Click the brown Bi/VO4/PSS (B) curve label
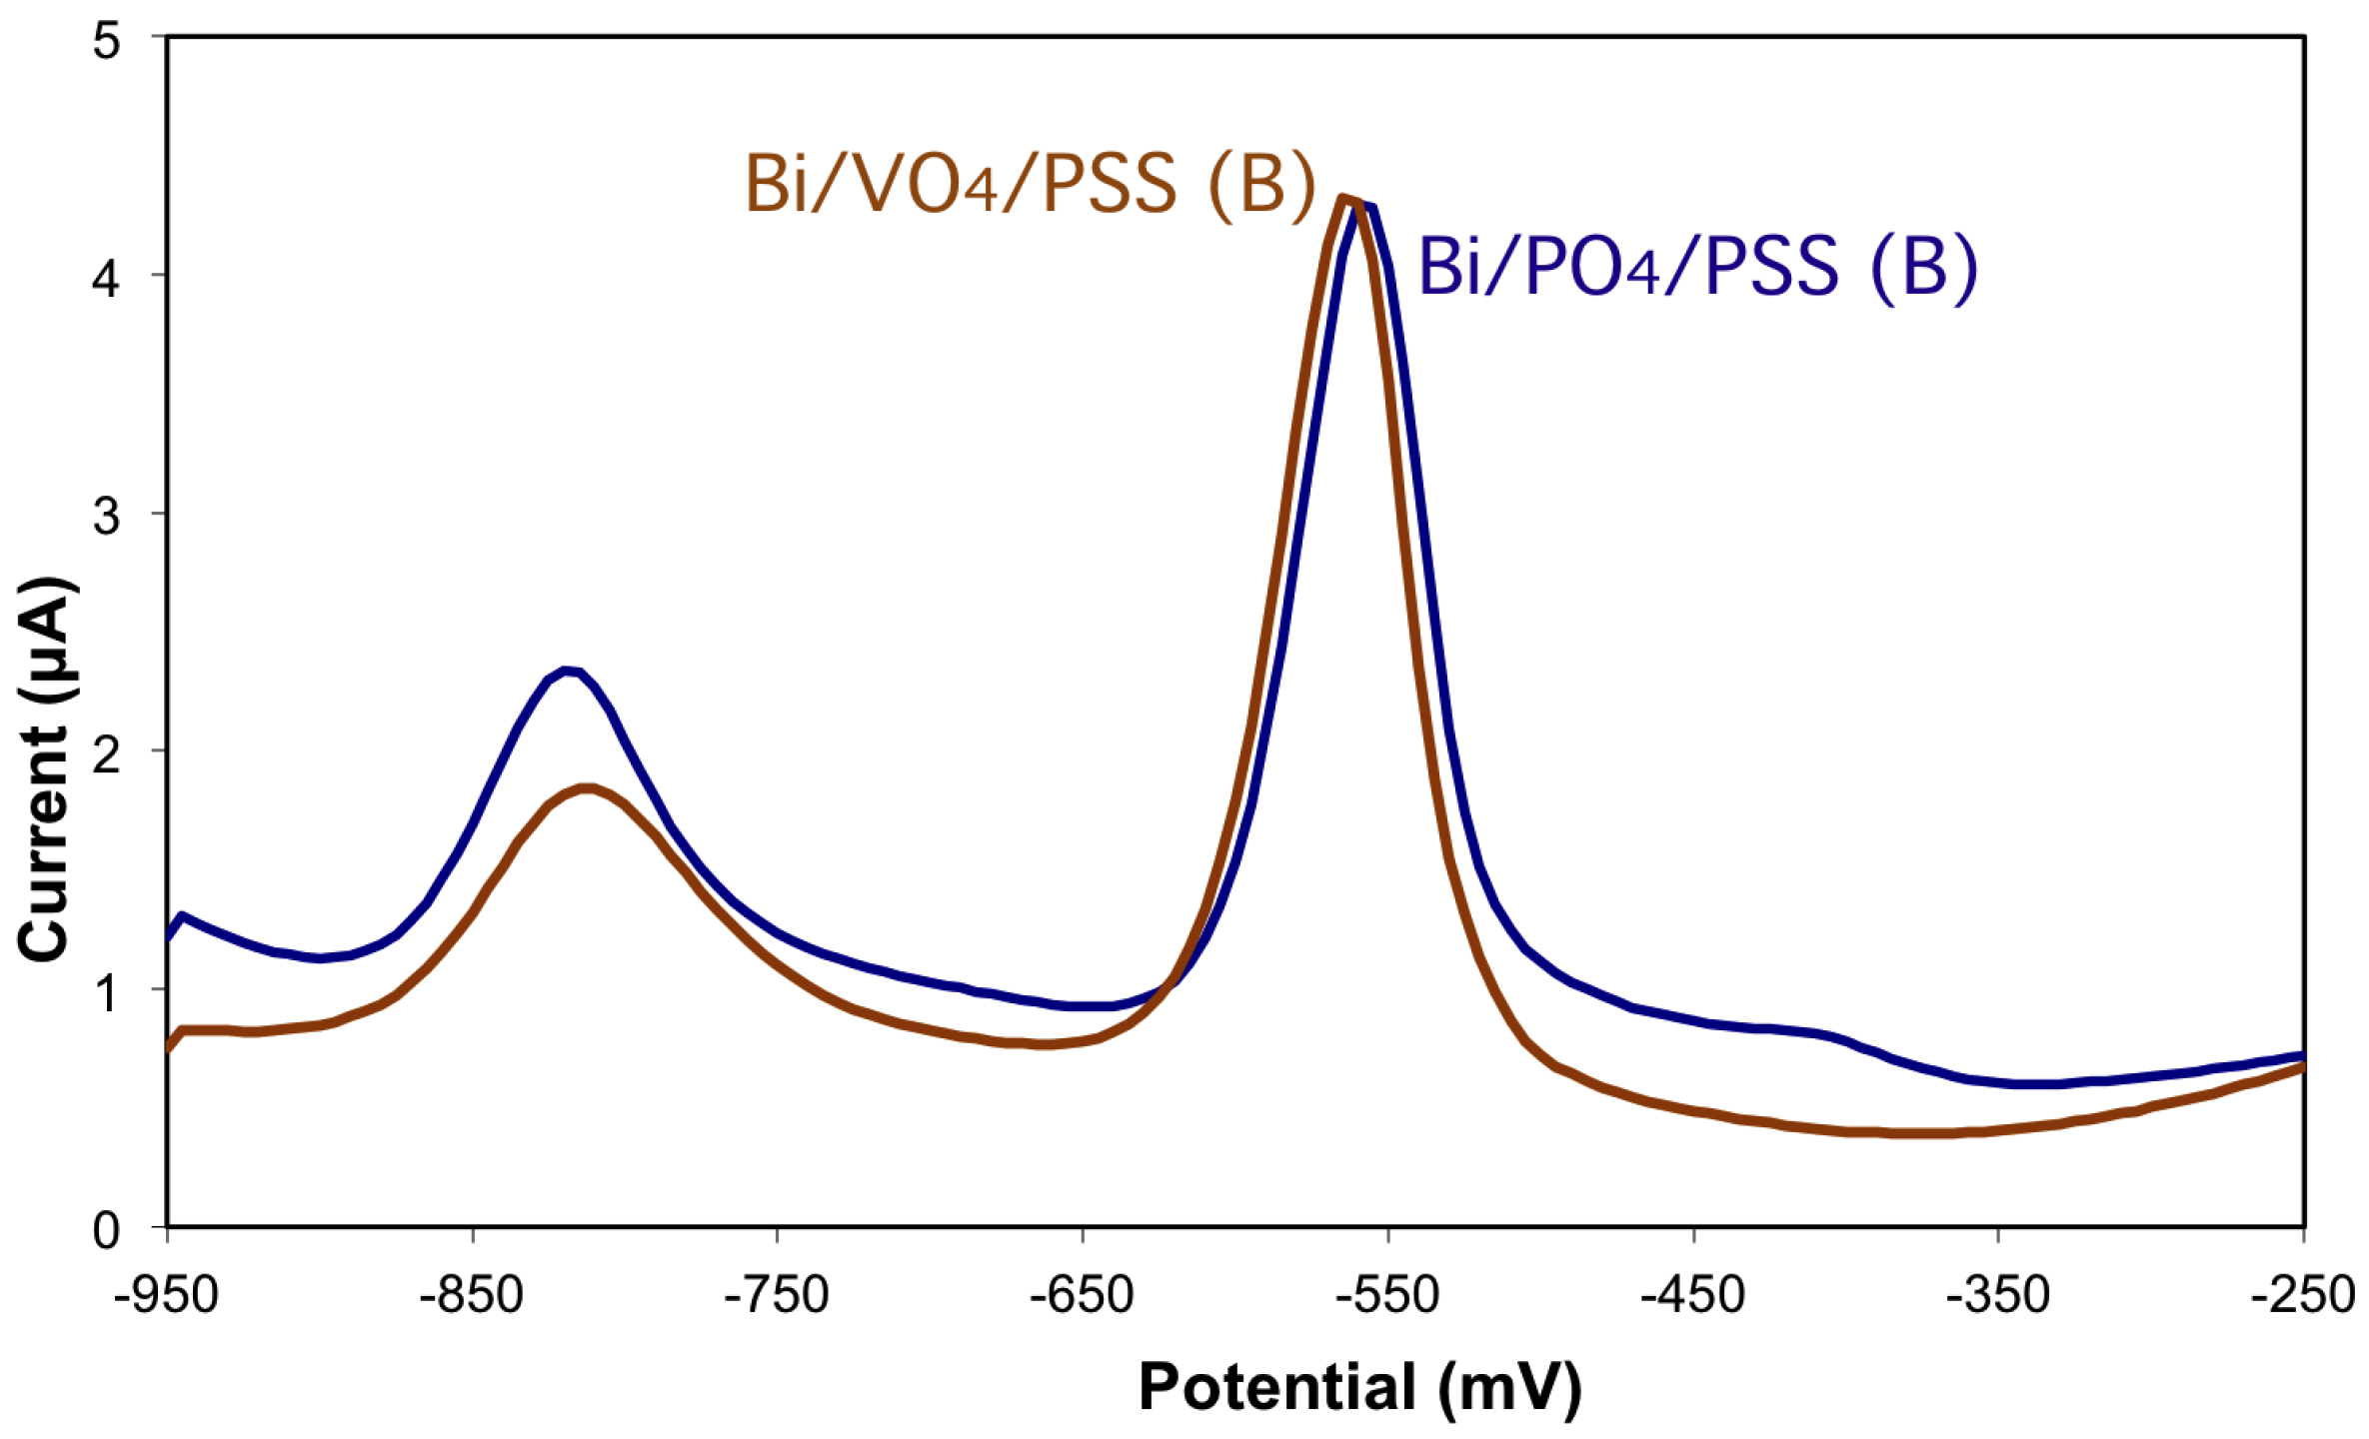click(x=1030, y=184)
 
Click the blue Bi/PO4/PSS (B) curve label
click(x=1697, y=267)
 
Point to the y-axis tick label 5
click(x=106, y=43)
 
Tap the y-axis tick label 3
click(x=106, y=516)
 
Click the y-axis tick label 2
click(x=106, y=753)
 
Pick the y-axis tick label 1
click(x=106, y=991)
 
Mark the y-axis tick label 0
click(x=106, y=1230)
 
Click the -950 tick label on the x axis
click(x=166, y=1295)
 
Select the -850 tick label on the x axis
click(x=472, y=1295)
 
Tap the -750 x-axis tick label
click(x=777, y=1295)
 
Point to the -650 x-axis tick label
click(x=1083, y=1295)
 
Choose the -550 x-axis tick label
click(x=1388, y=1295)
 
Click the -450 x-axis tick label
click(x=1693, y=1295)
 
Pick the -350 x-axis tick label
click(x=1999, y=1295)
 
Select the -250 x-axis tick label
click(x=2302, y=1295)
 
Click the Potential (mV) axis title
click(x=1360, y=1387)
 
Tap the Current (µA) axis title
click(x=45, y=769)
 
